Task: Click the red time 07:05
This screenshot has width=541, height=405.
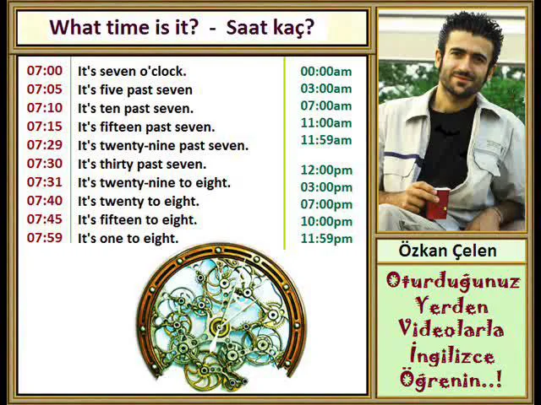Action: coord(44,89)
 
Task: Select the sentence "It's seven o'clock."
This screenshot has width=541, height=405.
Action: coord(132,71)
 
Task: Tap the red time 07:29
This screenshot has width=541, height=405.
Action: coord(44,145)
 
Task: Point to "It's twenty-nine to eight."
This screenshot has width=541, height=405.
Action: coord(154,182)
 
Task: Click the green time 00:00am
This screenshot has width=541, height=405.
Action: coord(326,71)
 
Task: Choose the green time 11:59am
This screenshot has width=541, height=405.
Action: coord(326,140)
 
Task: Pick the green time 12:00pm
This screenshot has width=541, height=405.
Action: coord(326,170)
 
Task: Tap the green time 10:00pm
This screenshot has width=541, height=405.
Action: coord(326,221)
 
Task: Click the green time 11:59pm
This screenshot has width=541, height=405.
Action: coord(326,239)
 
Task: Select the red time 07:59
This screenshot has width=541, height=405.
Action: coord(44,238)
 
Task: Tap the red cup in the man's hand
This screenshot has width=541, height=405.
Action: coord(438,203)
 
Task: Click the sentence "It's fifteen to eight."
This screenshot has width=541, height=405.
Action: coord(137,219)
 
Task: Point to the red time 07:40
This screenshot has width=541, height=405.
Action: coord(44,201)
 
